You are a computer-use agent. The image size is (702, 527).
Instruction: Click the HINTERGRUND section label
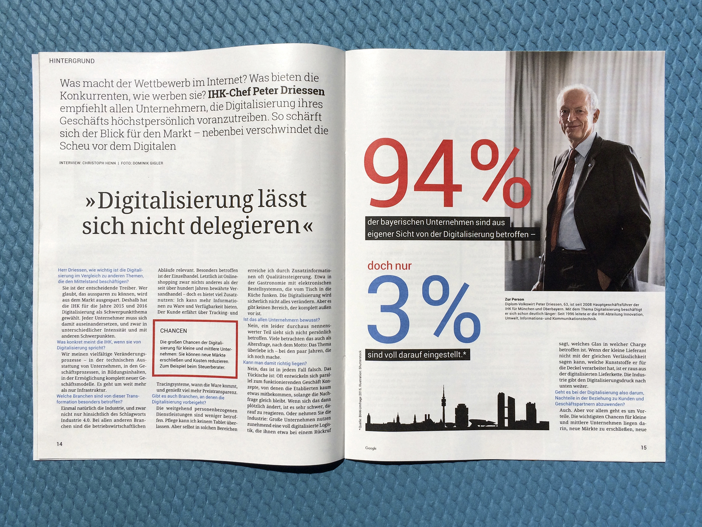[x=72, y=61]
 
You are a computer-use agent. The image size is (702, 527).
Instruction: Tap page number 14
[x=60, y=444]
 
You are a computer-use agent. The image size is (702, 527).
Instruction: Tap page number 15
[x=643, y=448]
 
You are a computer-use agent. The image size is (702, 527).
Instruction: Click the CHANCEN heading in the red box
[x=173, y=331]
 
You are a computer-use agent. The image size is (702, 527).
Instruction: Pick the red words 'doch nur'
[x=390, y=266]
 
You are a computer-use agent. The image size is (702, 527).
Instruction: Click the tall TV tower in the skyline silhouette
[x=443, y=404]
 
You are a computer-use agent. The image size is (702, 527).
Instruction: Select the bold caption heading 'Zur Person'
[x=514, y=299]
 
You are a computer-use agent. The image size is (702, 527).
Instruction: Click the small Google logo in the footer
[x=371, y=448]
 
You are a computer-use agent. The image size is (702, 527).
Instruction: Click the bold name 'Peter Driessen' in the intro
[x=289, y=91]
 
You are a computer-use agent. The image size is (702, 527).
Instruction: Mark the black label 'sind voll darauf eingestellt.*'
[x=417, y=354]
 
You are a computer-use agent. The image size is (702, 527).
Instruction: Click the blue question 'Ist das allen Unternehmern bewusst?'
[x=282, y=320]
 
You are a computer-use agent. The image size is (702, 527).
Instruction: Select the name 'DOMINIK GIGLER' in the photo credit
[x=148, y=163]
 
